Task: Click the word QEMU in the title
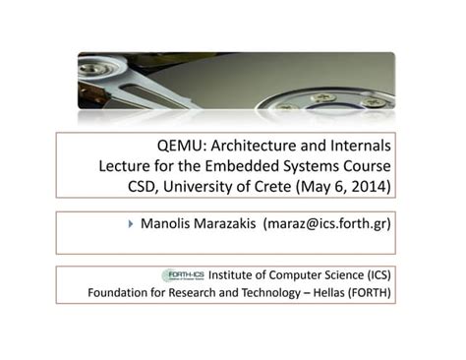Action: (x=181, y=143)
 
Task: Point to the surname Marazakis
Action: (x=232, y=223)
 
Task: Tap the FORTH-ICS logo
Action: (x=184, y=275)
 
